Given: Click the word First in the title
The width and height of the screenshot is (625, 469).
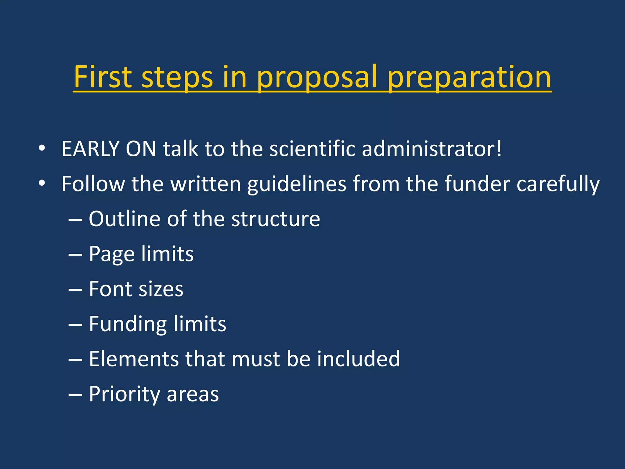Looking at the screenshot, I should (x=103, y=77).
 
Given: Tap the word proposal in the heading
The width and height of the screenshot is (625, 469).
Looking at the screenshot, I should (x=317, y=78).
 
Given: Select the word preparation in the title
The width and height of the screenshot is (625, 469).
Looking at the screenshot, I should (x=469, y=78).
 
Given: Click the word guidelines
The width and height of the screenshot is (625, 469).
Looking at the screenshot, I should (x=297, y=184).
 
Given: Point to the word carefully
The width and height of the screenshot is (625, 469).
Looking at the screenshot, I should (x=558, y=184).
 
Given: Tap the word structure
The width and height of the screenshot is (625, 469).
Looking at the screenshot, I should (x=276, y=219).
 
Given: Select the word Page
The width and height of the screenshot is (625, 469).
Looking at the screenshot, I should (x=112, y=254).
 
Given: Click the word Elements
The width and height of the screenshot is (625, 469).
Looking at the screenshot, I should (x=134, y=359).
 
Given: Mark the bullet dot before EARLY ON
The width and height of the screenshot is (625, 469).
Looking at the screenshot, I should (x=42, y=149).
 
